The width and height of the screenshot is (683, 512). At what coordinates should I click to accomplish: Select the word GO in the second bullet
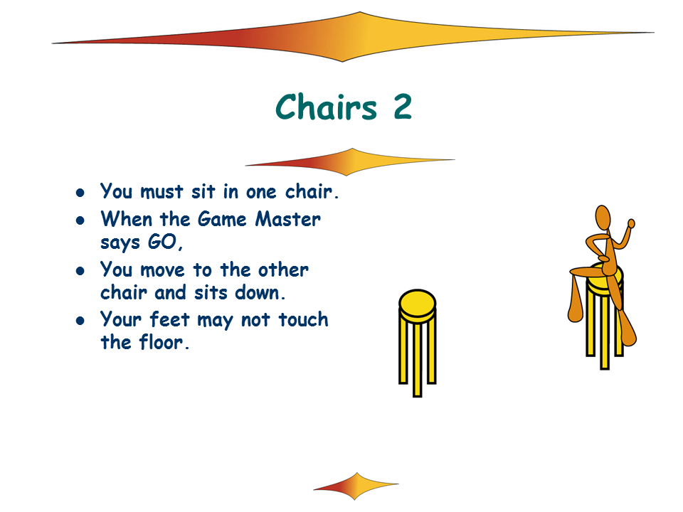pyautogui.click(x=163, y=242)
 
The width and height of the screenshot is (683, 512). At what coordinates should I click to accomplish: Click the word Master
pyautogui.click(x=288, y=219)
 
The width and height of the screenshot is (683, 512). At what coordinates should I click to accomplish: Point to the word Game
pyautogui.click(x=222, y=219)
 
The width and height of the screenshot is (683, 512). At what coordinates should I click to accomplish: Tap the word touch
pyautogui.click(x=303, y=319)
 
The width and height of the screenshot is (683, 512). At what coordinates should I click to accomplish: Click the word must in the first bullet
pyautogui.click(x=162, y=191)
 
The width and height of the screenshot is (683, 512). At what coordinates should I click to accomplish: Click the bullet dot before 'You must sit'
pyautogui.click(x=80, y=193)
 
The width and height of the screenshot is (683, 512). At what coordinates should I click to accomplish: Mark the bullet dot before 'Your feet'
pyautogui.click(x=80, y=321)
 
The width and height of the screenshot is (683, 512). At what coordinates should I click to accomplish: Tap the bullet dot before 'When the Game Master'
pyautogui.click(x=80, y=220)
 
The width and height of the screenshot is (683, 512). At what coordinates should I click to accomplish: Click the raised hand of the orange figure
pyautogui.click(x=631, y=223)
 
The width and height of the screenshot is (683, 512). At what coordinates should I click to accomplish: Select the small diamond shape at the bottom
pyautogui.click(x=356, y=486)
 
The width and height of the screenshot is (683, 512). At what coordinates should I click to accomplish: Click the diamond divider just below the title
pyautogui.click(x=350, y=162)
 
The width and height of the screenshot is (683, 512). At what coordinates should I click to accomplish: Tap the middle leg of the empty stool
pyautogui.click(x=418, y=360)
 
